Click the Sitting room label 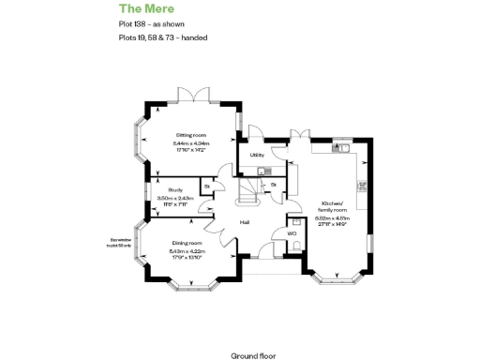[x=190, y=136]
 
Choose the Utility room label [x=256, y=156]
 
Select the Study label [x=175, y=189]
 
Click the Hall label [x=244, y=222]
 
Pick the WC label [x=292, y=232]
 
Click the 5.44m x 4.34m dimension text [x=190, y=142]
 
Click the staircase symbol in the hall [x=249, y=192]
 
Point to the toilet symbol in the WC [x=296, y=246]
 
